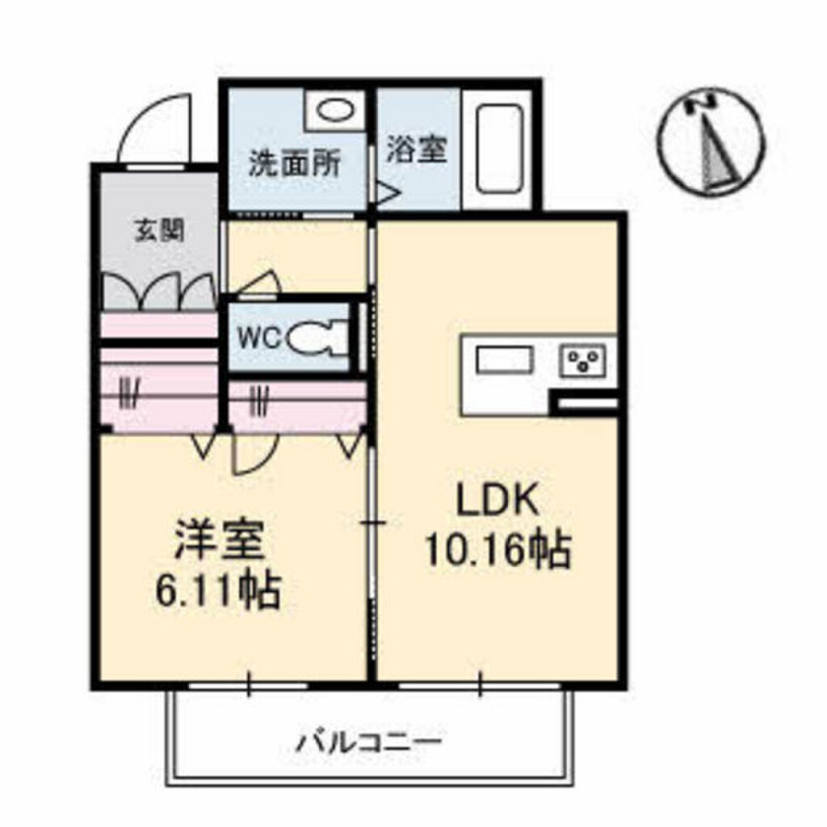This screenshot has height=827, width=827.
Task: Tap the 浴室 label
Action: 416,149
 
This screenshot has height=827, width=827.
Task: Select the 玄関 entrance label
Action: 157,231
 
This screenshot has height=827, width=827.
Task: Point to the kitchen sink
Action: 506,359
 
